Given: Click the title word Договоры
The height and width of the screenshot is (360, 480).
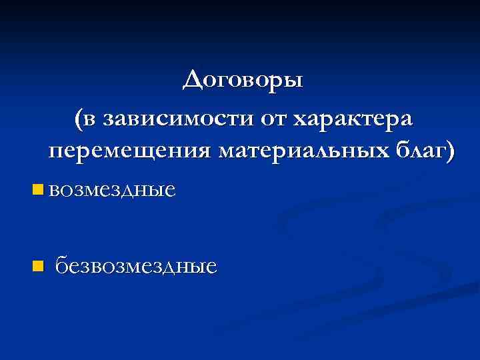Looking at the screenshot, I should tap(243, 81).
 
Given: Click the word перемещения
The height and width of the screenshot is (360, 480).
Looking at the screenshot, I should tap(129, 151).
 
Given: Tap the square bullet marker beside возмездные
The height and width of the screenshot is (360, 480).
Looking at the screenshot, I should tap(37, 191).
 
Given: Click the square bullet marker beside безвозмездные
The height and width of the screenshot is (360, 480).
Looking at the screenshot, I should tap(37, 267).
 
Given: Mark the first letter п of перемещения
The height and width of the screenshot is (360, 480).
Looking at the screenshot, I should tap(56, 152).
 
